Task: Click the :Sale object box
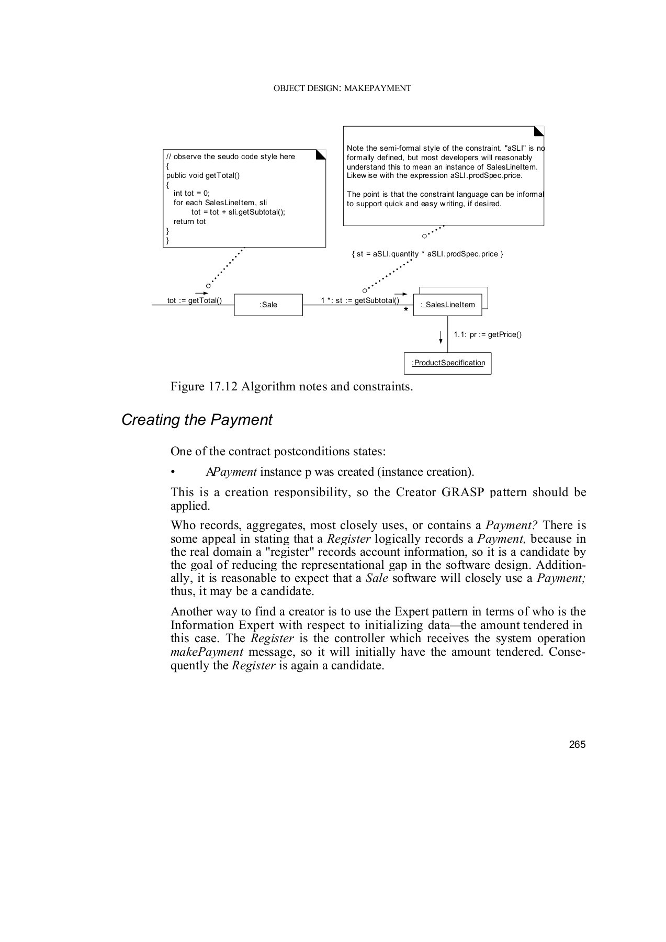coord(268,305)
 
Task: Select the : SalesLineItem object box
coord(447,305)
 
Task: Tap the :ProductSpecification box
coord(448,363)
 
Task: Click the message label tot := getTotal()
coord(194,300)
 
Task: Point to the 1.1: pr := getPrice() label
coord(487,334)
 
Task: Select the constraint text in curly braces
coord(427,254)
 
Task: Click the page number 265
coord(577,744)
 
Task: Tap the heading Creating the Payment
coord(197,420)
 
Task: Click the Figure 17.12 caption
coord(291,387)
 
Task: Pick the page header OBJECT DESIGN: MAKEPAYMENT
coord(342,88)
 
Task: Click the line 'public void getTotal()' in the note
coord(203,175)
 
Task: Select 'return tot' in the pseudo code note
coord(189,221)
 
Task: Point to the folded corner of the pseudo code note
coord(321,154)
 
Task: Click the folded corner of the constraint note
coord(539,131)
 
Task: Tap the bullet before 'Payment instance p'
coord(173,472)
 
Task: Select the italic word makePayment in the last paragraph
coord(207,652)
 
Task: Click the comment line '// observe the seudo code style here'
coord(230,156)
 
